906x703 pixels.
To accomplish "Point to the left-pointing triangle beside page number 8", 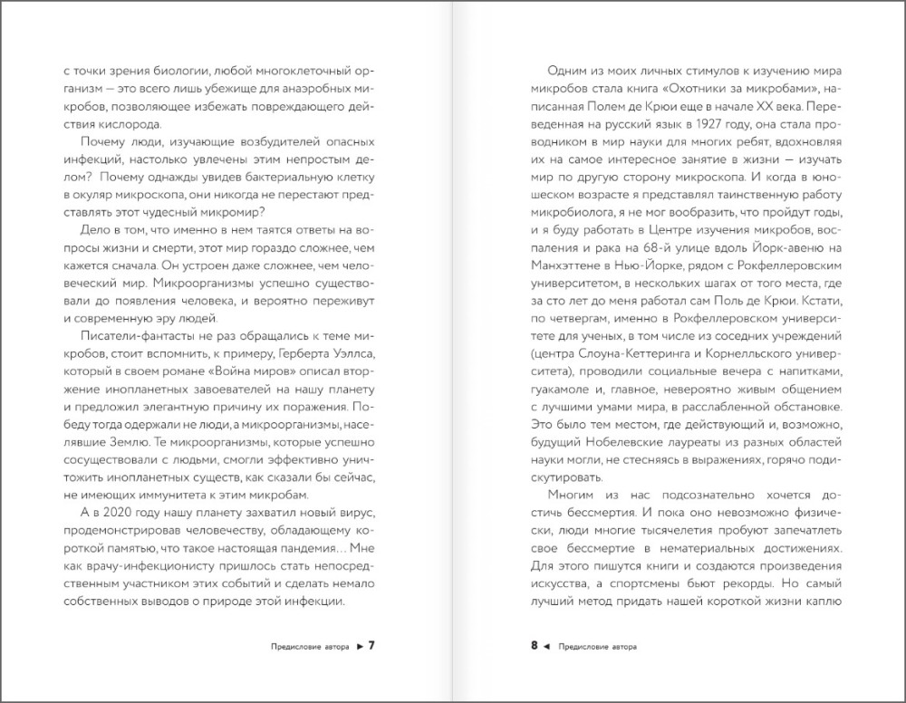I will (547, 647).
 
